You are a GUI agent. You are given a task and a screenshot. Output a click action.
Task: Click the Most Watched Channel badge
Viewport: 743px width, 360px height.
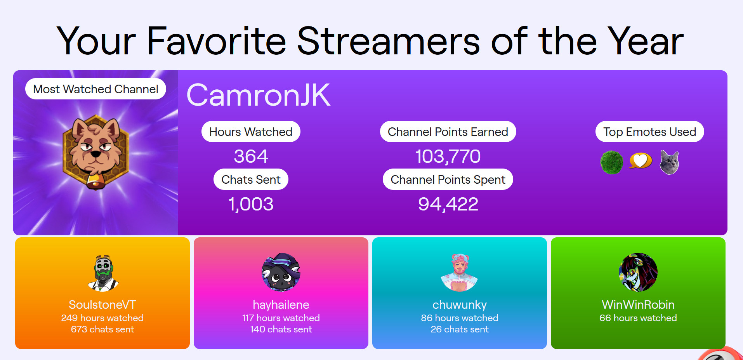click(x=95, y=89)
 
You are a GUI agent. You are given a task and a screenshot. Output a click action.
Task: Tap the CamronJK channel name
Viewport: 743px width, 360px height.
click(x=258, y=95)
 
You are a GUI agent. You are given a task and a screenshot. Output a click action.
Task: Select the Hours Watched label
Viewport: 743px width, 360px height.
click(x=251, y=132)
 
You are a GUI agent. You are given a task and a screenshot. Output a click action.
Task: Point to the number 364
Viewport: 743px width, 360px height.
click(x=251, y=157)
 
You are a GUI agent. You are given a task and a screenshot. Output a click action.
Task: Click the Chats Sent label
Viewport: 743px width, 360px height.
click(x=251, y=179)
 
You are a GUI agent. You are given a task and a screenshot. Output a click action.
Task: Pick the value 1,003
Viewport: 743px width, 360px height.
click(x=251, y=204)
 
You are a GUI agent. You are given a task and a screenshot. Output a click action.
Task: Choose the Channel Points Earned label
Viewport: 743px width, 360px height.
click(x=448, y=132)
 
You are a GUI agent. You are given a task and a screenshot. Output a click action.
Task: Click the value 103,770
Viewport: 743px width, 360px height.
click(x=448, y=157)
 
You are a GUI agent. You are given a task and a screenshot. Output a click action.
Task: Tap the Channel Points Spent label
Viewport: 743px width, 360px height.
click(x=448, y=179)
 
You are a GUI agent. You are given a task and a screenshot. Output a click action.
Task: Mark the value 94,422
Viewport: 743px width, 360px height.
click(x=448, y=204)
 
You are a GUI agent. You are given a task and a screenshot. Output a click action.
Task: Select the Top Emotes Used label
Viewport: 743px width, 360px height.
click(x=649, y=132)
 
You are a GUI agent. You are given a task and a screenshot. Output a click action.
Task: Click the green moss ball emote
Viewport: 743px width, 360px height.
click(x=612, y=162)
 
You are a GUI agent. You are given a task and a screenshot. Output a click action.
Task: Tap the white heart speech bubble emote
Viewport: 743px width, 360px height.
click(x=641, y=160)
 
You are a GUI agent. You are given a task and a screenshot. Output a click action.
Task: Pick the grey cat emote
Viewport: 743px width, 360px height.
click(x=670, y=162)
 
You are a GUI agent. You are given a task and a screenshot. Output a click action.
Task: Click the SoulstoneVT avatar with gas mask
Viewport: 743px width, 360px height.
click(x=103, y=273)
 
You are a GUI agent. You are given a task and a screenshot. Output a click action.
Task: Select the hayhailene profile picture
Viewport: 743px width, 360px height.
click(x=281, y=272)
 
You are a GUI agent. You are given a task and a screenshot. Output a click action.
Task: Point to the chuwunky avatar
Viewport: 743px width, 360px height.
click(x=460, y=272)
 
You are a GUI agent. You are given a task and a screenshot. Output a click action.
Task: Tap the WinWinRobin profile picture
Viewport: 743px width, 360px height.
click(x=638, y=272)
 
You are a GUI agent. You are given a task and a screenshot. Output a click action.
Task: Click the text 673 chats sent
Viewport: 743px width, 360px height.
click(x=102, y=329)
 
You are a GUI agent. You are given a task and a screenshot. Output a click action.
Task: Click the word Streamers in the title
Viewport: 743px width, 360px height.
click(x=389, y=41)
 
